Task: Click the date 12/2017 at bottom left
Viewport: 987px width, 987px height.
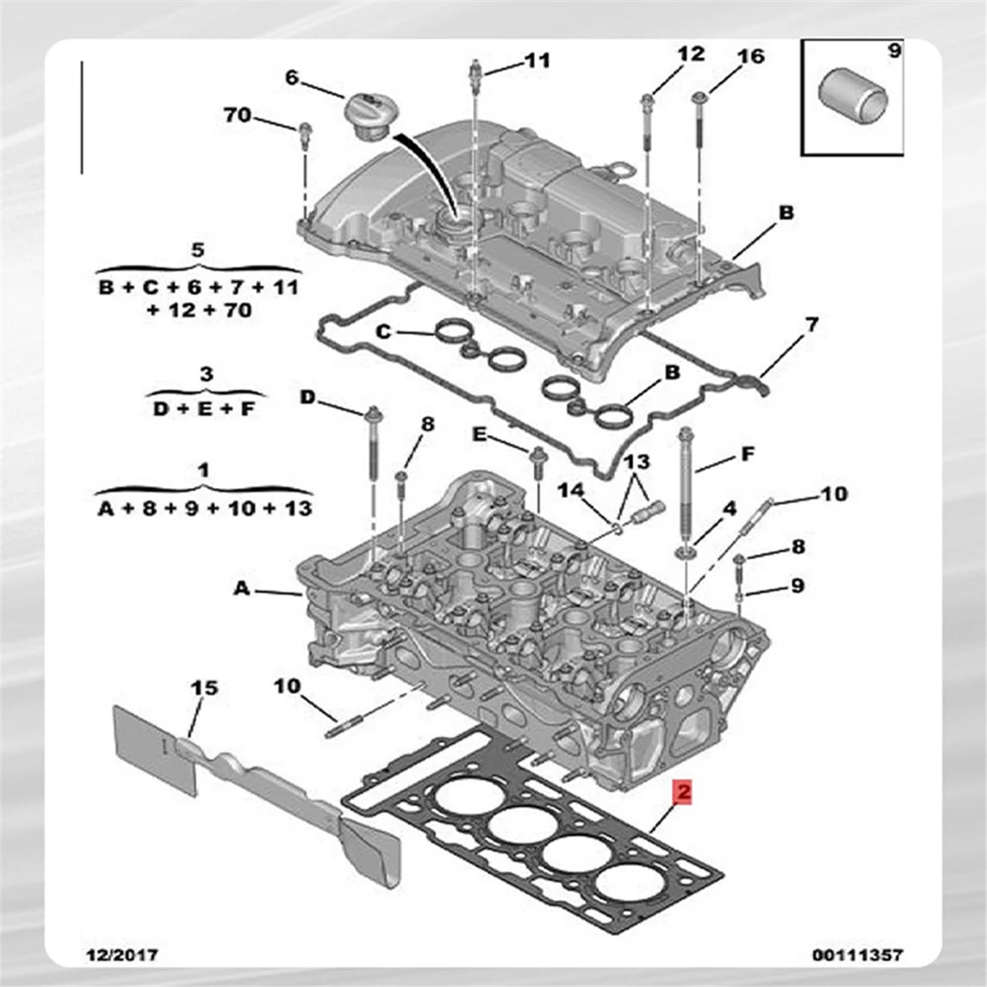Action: [123, 955]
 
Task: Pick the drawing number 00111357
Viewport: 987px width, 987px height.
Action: [857, 955]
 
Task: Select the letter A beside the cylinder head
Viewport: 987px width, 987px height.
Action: [241, 588]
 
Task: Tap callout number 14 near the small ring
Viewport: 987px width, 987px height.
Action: [571, 491]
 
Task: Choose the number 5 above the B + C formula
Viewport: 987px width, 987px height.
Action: [197, 250]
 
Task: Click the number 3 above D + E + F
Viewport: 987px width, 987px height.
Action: [206, 374]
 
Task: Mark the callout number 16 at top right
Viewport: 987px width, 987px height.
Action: [750, 57]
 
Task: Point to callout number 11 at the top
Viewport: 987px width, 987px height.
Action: [537, 60]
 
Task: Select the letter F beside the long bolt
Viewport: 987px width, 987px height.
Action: [747, 454]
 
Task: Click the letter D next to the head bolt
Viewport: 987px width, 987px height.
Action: [307, 398]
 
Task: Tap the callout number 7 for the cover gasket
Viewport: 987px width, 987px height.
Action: [811, 326]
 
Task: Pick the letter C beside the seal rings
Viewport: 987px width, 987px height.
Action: [383, 332]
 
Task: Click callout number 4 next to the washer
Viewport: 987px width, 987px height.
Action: [729, 509]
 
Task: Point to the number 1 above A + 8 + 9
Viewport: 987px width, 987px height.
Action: [204, 470]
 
